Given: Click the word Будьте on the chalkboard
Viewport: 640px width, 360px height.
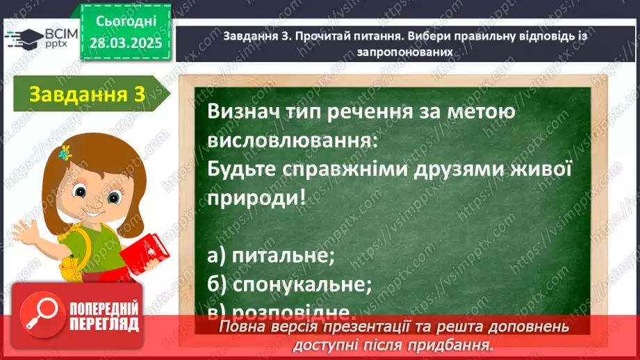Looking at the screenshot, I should click(245, 170).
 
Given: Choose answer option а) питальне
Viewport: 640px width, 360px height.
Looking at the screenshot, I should click(271, 255).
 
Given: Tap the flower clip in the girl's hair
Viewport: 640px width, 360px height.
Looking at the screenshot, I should click(67, 150).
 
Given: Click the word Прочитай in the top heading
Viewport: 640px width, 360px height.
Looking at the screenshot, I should click(319, 38).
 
